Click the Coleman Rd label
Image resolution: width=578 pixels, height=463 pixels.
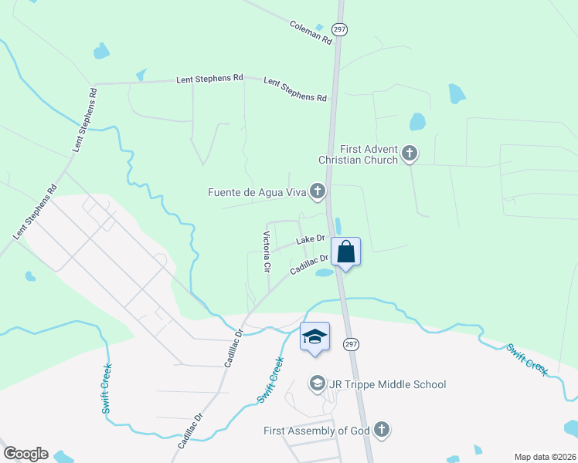[311, 32]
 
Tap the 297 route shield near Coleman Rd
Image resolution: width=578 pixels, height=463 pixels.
[340, 29]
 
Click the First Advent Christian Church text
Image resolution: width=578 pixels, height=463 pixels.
[359, 154]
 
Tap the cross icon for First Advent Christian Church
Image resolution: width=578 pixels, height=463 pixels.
[410, 154]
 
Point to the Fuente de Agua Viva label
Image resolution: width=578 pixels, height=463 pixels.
[257, 191]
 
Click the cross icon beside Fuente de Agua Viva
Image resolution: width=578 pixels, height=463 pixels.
[317, 190]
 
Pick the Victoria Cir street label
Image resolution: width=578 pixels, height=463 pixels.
[267, 252]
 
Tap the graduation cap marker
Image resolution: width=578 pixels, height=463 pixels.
[314, 337]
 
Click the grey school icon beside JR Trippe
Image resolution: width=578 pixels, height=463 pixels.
[316, 384]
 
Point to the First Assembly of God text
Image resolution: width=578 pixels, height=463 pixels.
[317, 431]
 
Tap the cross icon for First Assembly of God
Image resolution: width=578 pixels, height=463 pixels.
[380, 430]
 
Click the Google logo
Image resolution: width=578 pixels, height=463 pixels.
[25, 454]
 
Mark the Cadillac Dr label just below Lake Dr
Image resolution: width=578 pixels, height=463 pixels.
[310, 265]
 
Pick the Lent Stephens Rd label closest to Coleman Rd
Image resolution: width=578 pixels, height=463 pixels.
[295, 90]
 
